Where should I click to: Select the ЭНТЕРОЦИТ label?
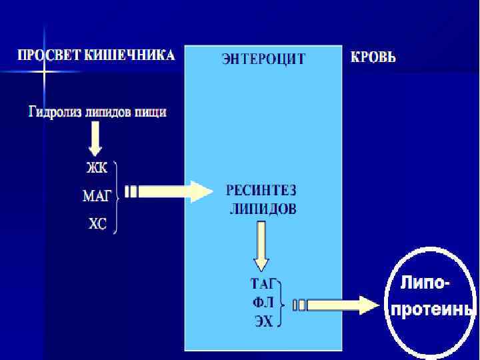pyautogui.click(x=263, y=59)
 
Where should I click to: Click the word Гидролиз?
pyautogui.click(x=55, y=111)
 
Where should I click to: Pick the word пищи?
pyautogui.click(x=151, y=112)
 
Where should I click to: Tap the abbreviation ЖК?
pyautogui.click(x=98, y=167)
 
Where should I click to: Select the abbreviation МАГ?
pyautogui.click(x=98, y=196)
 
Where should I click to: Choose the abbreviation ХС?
pyautogui.click(x=98, y=225)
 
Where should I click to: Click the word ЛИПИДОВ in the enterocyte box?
pyautogui.click(x=263, y=209)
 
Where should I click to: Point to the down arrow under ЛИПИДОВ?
pyautogui.click(x=261, y=243)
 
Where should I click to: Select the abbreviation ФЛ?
pyautogui.click(x=263, y=302)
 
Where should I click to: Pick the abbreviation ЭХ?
pyautogui.click(x=264, y=321)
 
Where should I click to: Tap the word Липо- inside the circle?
pyautogui.click(x=425, y=283)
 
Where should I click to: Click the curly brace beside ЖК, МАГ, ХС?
pyautogui.click(x=117, y=197)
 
